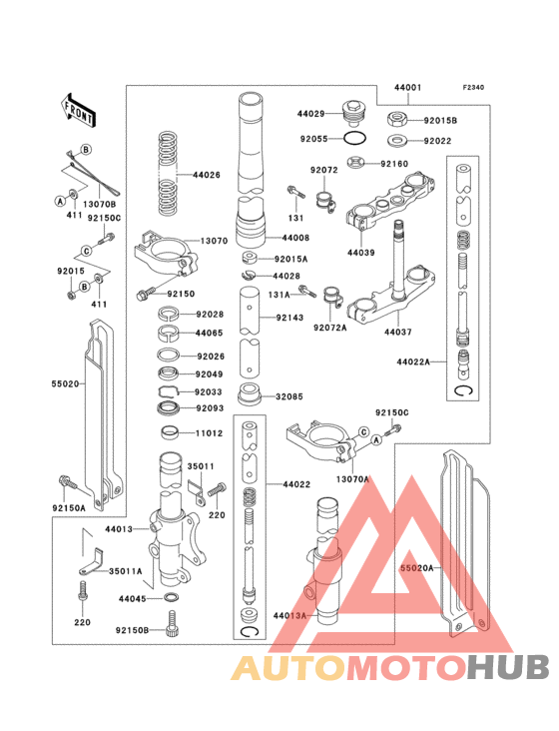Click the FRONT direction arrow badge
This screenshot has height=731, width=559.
point(79,110)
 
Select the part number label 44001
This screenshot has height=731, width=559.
point(408,88)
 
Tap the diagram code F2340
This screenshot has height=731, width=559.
point(473,88)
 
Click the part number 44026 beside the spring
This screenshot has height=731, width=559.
point(207,176)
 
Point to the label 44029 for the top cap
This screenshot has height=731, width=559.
point(311,115)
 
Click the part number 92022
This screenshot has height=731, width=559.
point(438,141)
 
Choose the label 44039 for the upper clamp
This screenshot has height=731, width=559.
point(361,253)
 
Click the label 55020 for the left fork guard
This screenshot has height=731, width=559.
point(67,381)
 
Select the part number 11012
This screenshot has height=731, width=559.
point(209,434)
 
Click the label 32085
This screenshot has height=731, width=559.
point(289,395)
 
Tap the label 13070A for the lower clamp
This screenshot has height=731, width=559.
point(352,478)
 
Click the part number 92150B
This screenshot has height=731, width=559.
point(131,630)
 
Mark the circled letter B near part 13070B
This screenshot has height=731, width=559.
point(86,149)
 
